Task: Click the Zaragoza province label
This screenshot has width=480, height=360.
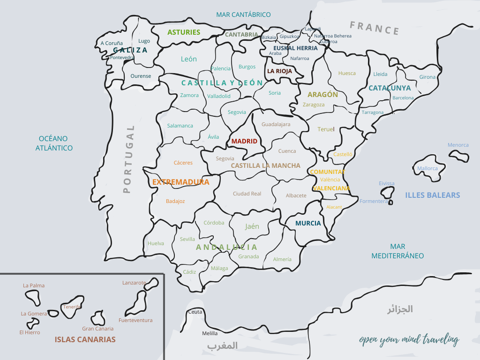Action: pos(313,105)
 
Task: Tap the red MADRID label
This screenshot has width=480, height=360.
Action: pos(244,141)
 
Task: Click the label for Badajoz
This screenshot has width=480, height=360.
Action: pos(175,201)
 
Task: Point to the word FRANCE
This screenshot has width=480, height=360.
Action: pos(375,28)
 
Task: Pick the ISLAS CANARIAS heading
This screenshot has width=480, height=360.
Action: pos(85,339)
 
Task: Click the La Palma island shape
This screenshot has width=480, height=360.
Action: pos(33,297)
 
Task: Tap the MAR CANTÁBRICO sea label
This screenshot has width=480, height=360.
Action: pos(243,15)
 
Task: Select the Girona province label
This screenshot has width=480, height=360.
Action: pos(427,77)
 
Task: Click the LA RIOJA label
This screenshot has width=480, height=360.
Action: pos(279,71)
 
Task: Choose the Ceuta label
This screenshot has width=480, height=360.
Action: pos(195,312)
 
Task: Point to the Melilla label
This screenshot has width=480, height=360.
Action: pos(210,333)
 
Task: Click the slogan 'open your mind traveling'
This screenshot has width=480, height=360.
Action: pos(409,340)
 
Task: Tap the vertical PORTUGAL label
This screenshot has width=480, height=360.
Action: pos(127,159)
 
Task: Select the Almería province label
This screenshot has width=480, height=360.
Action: pos(282,259)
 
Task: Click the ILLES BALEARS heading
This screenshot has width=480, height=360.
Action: pos(432,195)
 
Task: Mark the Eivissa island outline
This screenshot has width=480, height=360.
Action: pos(387,193)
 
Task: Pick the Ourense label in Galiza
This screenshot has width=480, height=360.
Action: pos(141,76)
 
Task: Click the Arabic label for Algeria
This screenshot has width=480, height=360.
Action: pos(399,309)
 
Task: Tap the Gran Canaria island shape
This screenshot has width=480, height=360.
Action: pos(98,318)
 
